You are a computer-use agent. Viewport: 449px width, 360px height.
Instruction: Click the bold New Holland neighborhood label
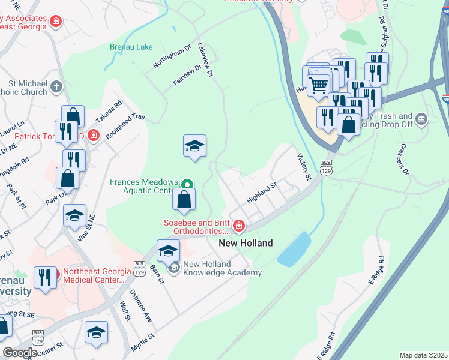coord(245,243)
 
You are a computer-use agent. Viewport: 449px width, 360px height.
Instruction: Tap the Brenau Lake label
coord(131,47)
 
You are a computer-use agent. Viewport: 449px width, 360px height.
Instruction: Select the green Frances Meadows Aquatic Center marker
coord(187,184)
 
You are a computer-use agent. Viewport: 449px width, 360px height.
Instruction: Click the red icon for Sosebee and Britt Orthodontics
coord(239,226)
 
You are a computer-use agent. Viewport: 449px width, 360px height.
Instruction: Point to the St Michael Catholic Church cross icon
coord(57,87)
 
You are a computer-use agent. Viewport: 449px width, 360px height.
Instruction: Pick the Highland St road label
coord(261,193)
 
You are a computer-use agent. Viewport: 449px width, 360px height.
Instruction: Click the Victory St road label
coord(304,167)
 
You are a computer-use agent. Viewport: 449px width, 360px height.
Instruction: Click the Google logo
coord(20,353)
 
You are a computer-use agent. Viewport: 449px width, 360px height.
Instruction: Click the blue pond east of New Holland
coord(294,249)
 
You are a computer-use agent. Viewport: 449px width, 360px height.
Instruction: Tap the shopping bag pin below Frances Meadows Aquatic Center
coord(185,200)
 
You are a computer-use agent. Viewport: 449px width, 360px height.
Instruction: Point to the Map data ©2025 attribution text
coord(423,355)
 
